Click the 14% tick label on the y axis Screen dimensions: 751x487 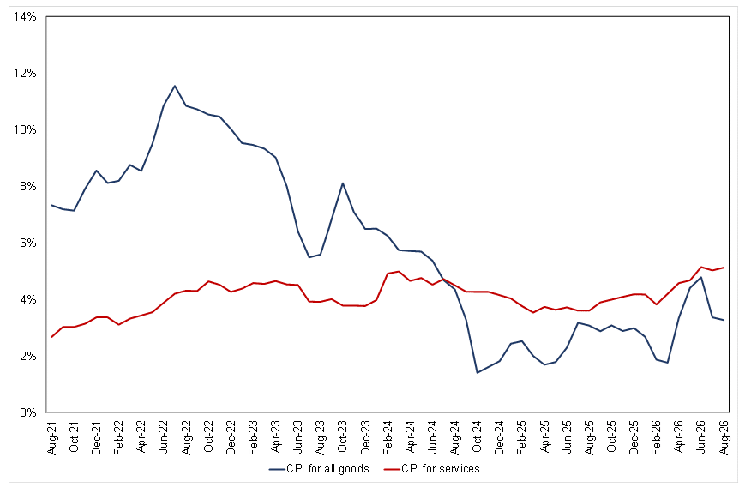(26, 17)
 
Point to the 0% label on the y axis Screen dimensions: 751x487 (28, 412)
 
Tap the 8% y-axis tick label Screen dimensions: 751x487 (28, 186)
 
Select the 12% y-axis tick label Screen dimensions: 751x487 (26, 73)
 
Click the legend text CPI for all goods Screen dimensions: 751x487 (327, 469)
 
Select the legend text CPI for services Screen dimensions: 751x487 (441, 469)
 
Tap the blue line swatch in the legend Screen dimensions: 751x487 (277, 469)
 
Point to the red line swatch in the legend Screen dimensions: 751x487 (392, 469)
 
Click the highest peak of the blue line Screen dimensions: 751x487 (175, 86)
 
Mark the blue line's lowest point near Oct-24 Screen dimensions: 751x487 (477, 372)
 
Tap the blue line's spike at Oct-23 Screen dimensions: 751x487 (343, 183)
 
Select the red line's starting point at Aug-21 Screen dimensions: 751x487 (51, 337)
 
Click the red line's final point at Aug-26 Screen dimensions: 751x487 (724, 268)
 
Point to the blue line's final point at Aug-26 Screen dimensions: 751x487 (724, 320)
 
